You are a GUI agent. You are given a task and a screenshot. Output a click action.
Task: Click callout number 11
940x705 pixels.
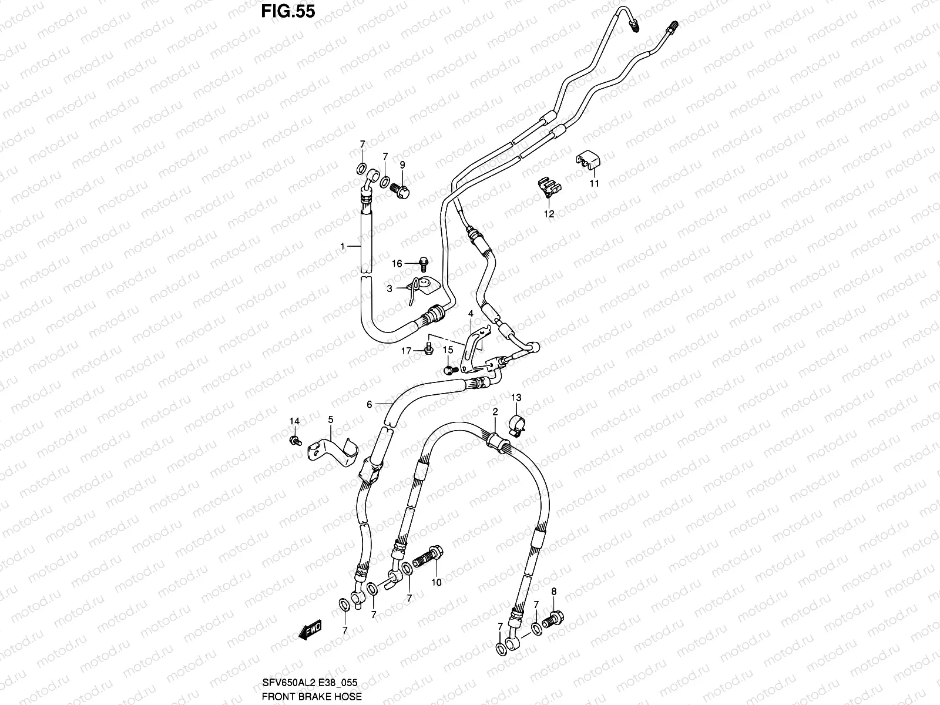pos(594,183)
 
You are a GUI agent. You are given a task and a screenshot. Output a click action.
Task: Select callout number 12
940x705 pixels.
pos(549,214)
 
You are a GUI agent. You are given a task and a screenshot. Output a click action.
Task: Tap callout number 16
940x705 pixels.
pos(397,264)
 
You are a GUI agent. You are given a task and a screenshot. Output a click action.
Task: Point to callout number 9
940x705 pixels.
pos(403,165)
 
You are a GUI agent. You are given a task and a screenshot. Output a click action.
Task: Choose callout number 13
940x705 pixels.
pos(516,398)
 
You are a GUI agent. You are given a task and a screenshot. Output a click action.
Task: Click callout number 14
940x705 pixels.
pos(294,421)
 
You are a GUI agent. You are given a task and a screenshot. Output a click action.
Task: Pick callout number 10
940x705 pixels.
pos(436,582)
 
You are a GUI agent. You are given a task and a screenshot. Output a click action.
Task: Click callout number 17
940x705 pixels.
pos(406,351)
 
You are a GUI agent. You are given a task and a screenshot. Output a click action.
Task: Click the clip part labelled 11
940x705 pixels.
pos(588,160)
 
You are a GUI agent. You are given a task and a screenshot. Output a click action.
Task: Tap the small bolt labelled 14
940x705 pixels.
pos(295,439)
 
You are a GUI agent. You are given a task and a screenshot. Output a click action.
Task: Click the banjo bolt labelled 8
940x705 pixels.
pos(555,618)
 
